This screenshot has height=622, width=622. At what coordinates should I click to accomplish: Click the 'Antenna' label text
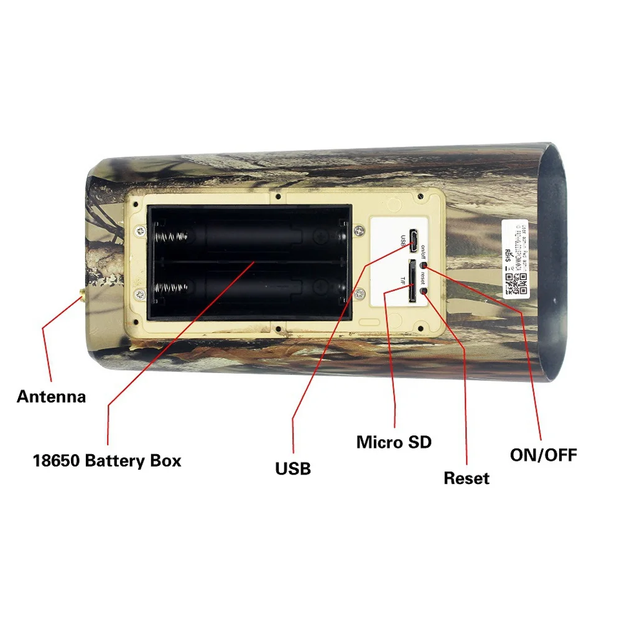click(51, 396)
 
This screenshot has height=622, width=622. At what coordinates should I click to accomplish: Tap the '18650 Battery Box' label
click(107, 461)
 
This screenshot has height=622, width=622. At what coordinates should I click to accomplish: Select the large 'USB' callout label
click(293, 468)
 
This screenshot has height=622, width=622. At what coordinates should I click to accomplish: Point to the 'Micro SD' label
click(394, 442)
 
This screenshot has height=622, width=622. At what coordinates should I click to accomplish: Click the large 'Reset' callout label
click(466, 478)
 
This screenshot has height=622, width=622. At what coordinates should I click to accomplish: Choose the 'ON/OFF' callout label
click(543, 455)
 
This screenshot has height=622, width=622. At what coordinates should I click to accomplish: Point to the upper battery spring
click(170, 237)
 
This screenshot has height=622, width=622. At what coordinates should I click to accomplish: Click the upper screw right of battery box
click(359, 230)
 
